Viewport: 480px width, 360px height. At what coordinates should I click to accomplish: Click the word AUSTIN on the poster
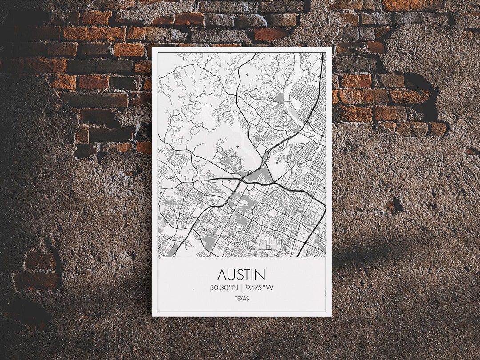242,274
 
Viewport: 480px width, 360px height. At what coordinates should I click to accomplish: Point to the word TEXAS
242,299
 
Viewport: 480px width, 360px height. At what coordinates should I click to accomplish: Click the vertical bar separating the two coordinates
242,288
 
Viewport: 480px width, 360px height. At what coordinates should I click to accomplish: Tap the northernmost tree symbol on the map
247,74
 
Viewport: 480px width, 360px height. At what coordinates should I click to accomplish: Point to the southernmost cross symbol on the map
262,243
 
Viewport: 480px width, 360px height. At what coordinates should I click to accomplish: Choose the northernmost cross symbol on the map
316,82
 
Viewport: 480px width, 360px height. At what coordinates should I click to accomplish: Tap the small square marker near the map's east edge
324,188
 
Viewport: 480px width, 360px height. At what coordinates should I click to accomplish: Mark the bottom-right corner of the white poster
332,316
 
